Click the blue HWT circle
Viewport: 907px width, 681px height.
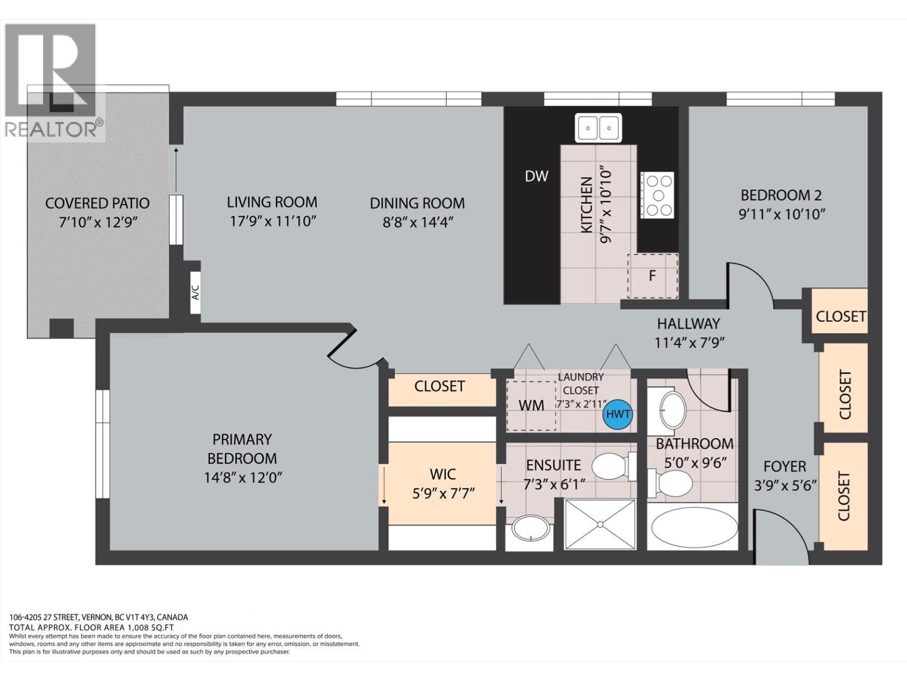click(618, 414)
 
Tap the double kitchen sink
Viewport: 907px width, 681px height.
click(598, 128)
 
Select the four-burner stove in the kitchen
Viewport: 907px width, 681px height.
click(658, 195)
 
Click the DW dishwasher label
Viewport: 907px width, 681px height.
click(536, 176)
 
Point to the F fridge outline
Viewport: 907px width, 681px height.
click(652, 276)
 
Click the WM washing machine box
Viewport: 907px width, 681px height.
click(531, 406)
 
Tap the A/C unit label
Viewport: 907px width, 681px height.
click(195, 293)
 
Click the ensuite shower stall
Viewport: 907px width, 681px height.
click(600, 524)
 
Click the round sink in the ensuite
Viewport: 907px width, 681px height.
click(531, 529)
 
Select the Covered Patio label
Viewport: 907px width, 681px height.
click(97, 203)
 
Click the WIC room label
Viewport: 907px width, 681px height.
click(443, 474)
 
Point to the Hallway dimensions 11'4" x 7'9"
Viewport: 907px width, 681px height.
click(690, 343)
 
